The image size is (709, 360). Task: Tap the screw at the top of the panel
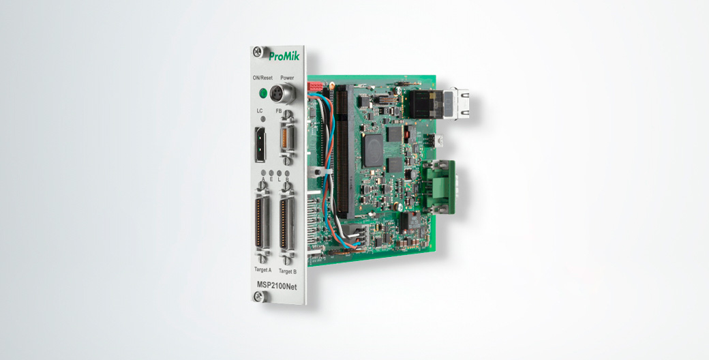(x=257, y=52)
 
